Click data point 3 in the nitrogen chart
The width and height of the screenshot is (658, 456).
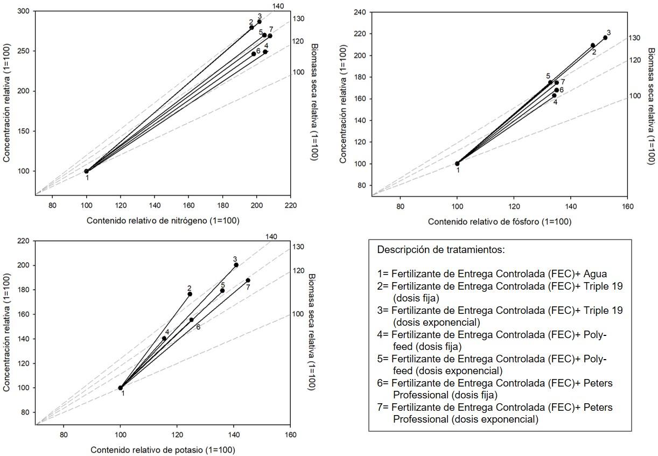coord(259,22)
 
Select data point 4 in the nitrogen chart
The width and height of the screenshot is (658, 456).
coord(265,52)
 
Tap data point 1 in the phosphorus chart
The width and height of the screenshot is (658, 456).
coord(457,164)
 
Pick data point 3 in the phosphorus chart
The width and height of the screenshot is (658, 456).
coord(605,38)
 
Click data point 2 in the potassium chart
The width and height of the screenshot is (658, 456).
coord(190,294)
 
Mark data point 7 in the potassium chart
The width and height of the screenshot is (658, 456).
coord(248,280)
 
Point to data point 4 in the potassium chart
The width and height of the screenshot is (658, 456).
coord(164,339)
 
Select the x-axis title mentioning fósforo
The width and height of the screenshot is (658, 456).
coord(499,222)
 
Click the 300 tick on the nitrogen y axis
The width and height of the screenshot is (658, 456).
coord(23,11)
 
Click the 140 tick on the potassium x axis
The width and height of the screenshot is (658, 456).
coord(234,435)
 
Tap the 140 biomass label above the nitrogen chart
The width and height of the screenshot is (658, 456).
coord(278,6)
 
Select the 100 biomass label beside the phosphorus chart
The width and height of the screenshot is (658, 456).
coord(635,96)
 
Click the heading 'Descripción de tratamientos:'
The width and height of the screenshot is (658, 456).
coord(441,250)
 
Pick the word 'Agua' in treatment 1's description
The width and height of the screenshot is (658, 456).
coord(595,273)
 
